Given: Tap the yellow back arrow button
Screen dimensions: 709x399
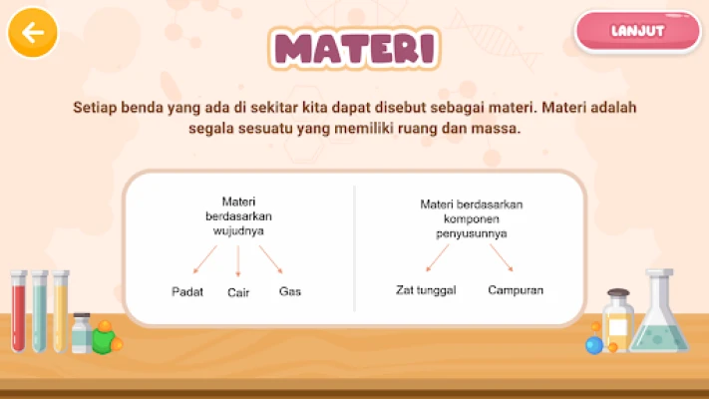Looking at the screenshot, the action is tap(33, 32).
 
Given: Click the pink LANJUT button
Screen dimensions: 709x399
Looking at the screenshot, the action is tap(638, 31).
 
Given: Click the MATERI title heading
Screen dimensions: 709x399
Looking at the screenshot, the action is tap(354, 49).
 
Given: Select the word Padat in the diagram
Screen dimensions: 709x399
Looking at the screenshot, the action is tap(187, 292).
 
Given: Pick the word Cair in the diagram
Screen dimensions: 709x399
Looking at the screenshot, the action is tap(238, 292).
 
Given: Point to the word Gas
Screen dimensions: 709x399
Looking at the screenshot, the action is tap(290, 291).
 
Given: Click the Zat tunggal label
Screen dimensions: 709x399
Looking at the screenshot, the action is tap(426, 290).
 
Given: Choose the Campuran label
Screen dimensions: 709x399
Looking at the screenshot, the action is tap(516, 290).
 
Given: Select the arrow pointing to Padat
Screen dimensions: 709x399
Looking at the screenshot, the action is tap(204, 259).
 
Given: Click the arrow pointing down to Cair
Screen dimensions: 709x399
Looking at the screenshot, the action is tap(238, 261).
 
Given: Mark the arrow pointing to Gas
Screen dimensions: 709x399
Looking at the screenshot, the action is tap(271, 259).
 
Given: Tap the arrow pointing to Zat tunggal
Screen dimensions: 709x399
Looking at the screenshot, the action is tap(438, 258).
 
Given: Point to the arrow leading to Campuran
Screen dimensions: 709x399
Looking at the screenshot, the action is tap(502, 258).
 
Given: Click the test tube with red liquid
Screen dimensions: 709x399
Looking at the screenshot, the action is tap(18, 311).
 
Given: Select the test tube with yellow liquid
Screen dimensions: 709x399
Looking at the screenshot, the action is tap(61, 311).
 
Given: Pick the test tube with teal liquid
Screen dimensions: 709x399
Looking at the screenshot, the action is tap(39, 311).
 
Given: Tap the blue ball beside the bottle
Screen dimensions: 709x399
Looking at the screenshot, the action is tap(594, 345).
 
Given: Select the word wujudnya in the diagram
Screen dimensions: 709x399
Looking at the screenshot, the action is tap(238, 231).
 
